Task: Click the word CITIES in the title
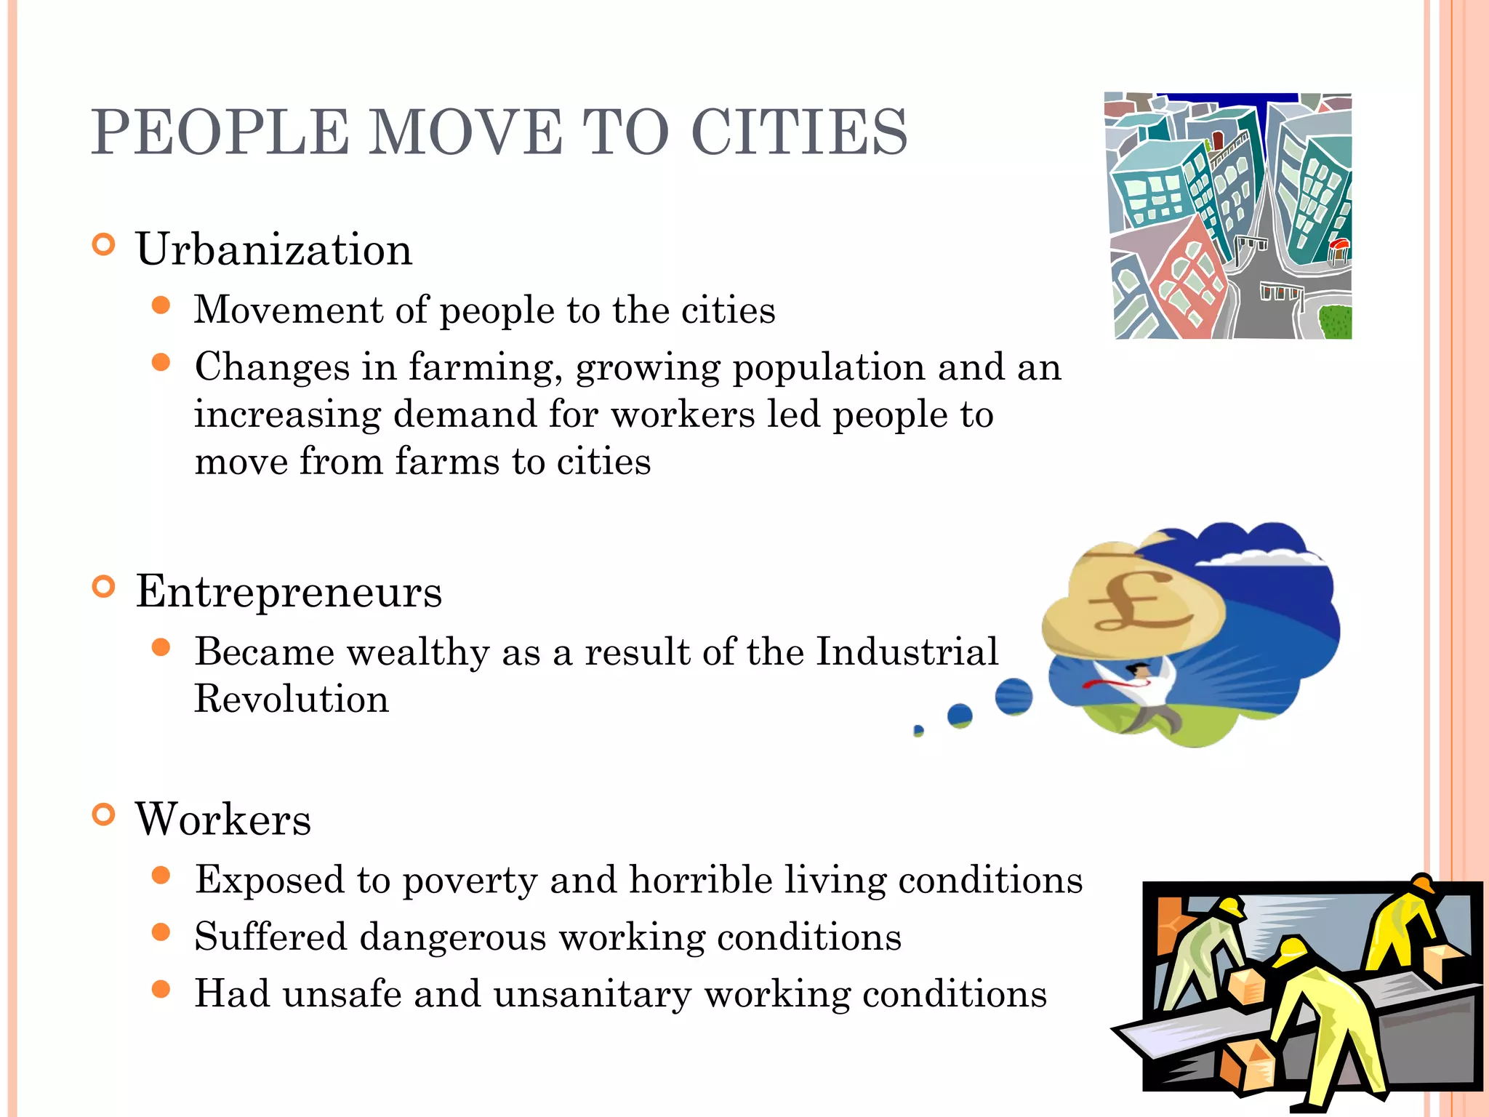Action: [x=799, y=132]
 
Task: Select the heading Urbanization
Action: [x=274, y=249]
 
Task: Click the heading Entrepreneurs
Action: [x=289, y=591]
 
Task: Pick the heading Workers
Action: [x=223, y=819]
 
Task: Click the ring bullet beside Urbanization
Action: [x=104, y=244]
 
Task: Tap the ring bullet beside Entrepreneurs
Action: [x=104, y=586]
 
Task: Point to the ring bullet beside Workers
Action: [x=104, y=814]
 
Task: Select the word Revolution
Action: [x=292, y=699]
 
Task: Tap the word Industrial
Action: [x=907, y=651]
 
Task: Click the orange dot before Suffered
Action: [x=161, y=932]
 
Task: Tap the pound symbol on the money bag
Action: [x=1136, y=601]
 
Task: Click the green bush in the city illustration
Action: [x=1335, y=322]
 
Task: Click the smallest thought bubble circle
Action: [x=918, y=730]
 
